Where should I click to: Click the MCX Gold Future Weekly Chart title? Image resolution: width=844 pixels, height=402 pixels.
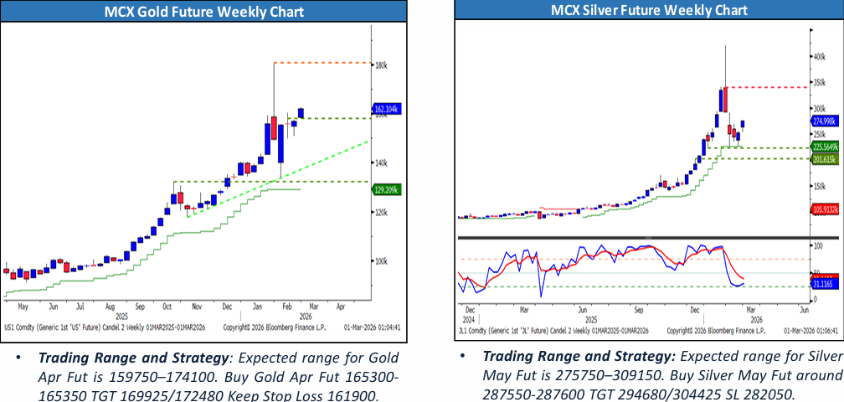[204, 12]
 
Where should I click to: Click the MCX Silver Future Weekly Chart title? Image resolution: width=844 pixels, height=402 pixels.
[649, 10]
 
